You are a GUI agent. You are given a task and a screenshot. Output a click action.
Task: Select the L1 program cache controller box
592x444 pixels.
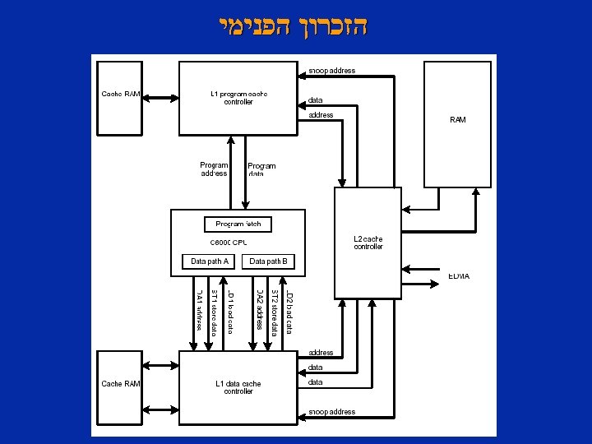pyautogui.click(x=238, y=97)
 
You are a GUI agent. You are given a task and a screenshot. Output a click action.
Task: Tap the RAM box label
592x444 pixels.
pyautogui.click(x=458, y=120)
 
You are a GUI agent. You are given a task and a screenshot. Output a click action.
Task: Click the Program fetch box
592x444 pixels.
pyautogui.click(x=238, y=224)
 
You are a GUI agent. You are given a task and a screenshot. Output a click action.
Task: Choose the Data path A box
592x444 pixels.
pyautogui.click(x=209, y=261)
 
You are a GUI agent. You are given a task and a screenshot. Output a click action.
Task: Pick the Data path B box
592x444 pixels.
pyautogui.click(x=268, y=261)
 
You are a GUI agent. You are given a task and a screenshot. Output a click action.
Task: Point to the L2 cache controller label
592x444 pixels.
pyautogui.click(x=368, y=243)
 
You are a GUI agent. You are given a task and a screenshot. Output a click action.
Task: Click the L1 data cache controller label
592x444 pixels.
pyautogui.click(x=238, y=387)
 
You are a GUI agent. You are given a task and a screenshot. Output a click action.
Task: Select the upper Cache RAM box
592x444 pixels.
pyautogui.click(x=120, y=97)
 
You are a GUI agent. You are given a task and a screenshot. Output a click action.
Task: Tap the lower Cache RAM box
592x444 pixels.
pyautogui.click(x=120, y=386)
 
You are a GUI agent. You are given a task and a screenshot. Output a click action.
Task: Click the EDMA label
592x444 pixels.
pyautogui.click(x=459, y=276)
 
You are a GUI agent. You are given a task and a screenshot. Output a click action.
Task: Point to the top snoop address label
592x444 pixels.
pyautogui.click(x=332, y=71)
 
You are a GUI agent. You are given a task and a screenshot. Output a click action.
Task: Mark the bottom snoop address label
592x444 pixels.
pyautogui.click(x=332, y=412)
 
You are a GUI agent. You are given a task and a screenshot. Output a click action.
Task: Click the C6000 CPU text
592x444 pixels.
pyautogui.click(x=229, y=243)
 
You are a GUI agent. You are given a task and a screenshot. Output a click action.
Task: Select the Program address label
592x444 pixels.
pyautogui.click(x=214, y=169)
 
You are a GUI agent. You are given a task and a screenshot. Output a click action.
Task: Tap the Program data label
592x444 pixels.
pyautogui.click(x=261, y=170)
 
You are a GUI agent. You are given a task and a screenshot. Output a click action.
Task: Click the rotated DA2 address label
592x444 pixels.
pyautogui.click(x=259, y=309)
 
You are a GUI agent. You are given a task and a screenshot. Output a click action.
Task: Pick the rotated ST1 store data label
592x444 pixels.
pyautogui.click(x=214, y=312)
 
